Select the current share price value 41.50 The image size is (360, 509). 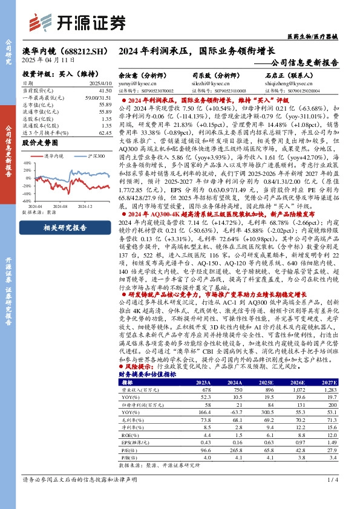(105, 89)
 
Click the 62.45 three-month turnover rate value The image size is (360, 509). (105, 132)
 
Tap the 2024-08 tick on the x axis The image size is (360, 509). (67, 206)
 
